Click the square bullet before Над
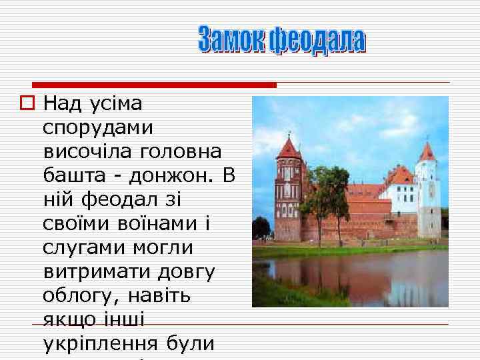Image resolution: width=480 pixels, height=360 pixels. tap(26, 103)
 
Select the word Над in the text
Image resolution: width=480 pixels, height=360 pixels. tap(62, 103)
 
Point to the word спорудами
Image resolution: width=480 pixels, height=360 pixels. tap(98, 127)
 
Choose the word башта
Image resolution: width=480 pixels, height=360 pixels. tap(70, 176)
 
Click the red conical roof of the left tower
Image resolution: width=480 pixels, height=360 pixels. tap(289, 149)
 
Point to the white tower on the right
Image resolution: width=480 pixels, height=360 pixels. tap(427, 193)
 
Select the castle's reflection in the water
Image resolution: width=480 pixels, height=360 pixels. tap(347, 273)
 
